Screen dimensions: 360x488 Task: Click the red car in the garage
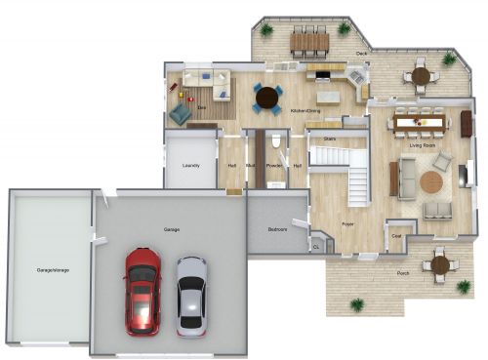pos(142,290)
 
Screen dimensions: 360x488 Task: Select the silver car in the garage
pos(191,295)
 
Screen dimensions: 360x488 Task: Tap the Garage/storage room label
pos(51,268)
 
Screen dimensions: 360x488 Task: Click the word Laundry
pos(191,166)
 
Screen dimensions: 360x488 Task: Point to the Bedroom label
pos(277,229)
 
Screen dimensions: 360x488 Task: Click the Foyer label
pos(347,224)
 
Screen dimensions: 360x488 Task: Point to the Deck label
pos(361,53)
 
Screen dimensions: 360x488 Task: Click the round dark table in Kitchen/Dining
pos(267,96)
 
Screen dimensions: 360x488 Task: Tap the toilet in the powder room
pos(277,143)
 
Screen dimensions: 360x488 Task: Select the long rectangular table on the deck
pos(309,41)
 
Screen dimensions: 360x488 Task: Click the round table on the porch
pos(440,263)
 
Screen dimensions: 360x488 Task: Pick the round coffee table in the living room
pos(430,181)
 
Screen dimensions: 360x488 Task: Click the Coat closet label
pos(396,235)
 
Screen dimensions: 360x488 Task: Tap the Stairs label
pos(330,140)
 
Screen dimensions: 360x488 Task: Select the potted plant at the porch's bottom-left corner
pos(357,304)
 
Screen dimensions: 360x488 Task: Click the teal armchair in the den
pos(181,114)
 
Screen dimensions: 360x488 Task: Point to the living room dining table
pos(420,123)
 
